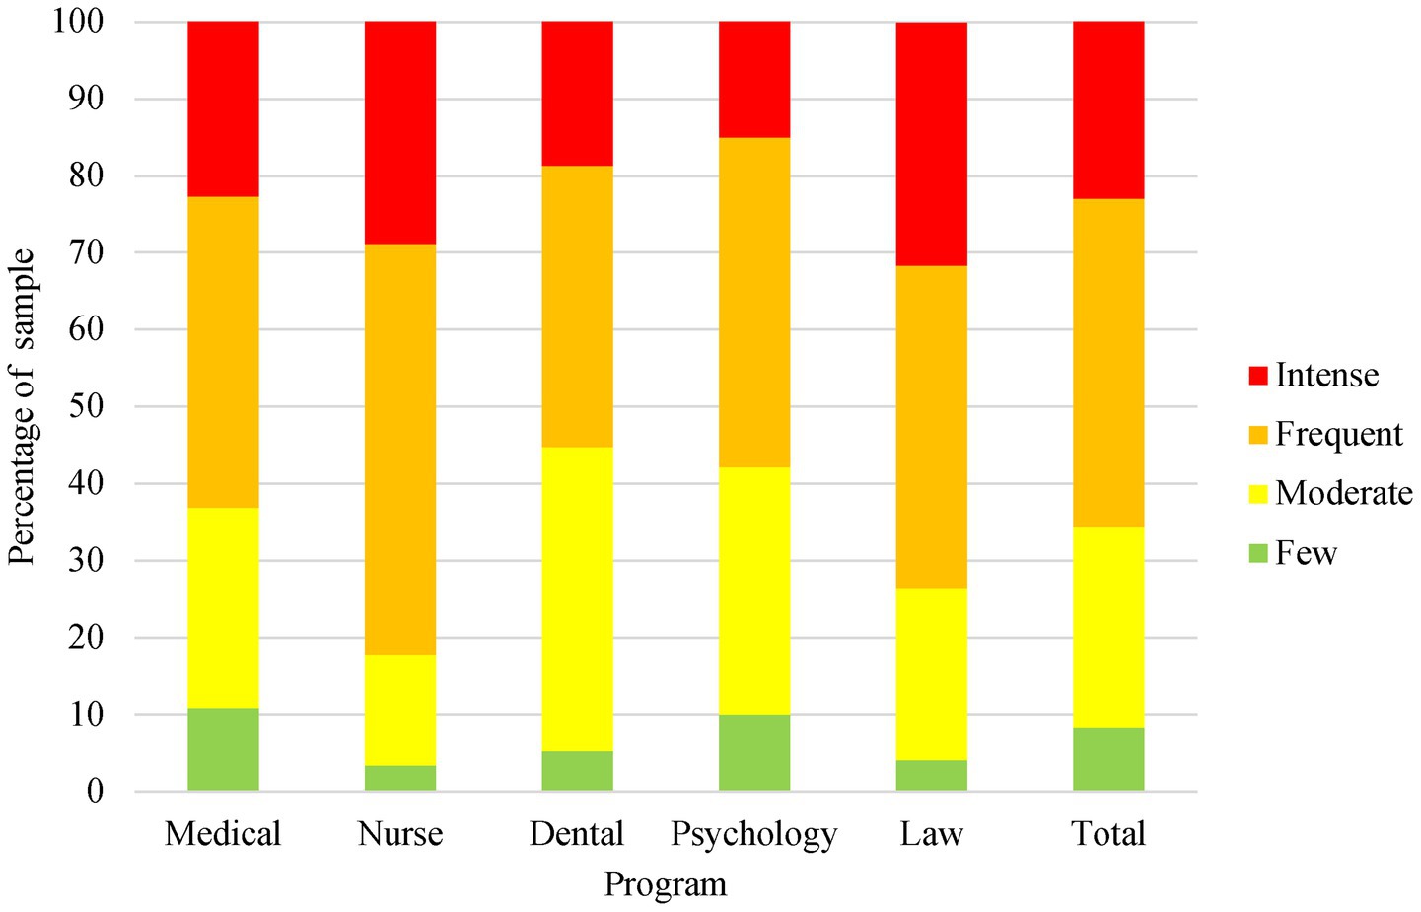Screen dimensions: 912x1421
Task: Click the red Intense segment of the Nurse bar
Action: tap(400, 132)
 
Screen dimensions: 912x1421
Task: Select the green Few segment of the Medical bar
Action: tap(224, 749)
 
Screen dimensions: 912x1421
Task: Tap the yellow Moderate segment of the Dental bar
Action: tap(577, 598)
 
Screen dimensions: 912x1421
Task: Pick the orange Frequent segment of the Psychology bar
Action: tap(754, 302)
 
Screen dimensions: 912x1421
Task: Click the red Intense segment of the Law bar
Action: tap(932, 144)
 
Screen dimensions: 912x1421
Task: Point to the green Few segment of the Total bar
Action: tap(1108, 759)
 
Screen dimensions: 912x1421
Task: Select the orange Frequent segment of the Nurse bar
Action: tap(400, 449)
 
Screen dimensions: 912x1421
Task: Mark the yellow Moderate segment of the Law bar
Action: tap(932, 674)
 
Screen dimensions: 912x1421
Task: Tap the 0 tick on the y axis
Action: tap(95, 791)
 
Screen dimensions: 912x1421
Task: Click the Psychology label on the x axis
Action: tap(754, 834)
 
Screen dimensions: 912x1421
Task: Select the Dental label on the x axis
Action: tap(577, 834)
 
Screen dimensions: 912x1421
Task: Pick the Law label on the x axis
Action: tap(932, 834)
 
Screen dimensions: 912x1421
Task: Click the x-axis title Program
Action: tap(666, 884)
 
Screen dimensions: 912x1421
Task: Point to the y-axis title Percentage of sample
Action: tap(22, 406)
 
